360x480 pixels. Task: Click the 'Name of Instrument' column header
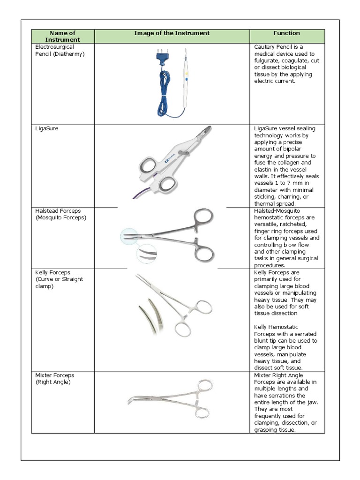click(62, 36)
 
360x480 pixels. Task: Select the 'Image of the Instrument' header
click(172, 33)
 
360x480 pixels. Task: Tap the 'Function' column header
click(286, 33)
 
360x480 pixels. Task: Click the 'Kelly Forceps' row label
click(53, 272)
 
